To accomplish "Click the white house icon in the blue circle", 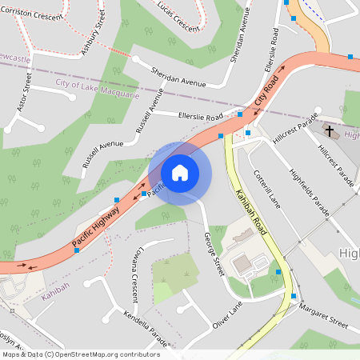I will point(180,172).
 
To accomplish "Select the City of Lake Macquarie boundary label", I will point(98,89).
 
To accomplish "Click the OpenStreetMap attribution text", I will point(80,354).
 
